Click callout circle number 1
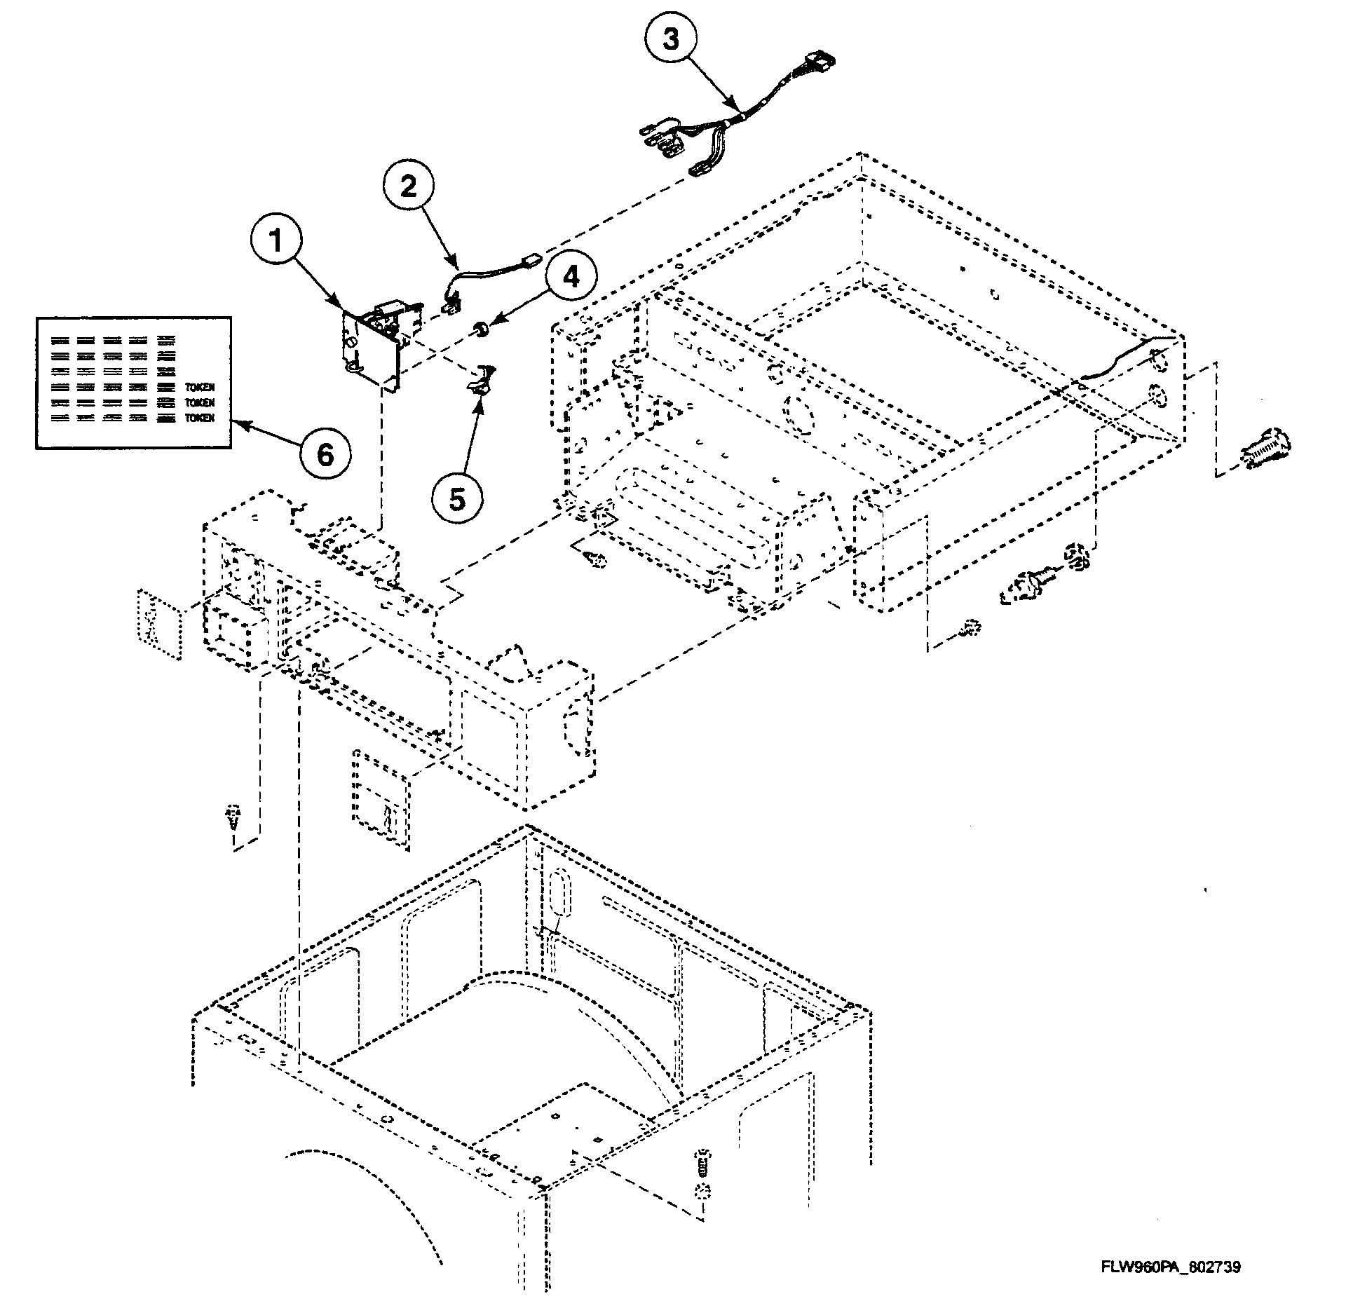click(x=276, y=242)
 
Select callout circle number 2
click(x=409, y=186)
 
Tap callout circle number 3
click(x=671, y=40)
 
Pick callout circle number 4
click(x=571, y=278)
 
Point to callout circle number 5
click(x=457, y=500)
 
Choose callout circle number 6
click(x=326, y=456)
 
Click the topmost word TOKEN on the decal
click(x=200, y=387)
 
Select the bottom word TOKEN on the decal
click(x=200, y=418)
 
